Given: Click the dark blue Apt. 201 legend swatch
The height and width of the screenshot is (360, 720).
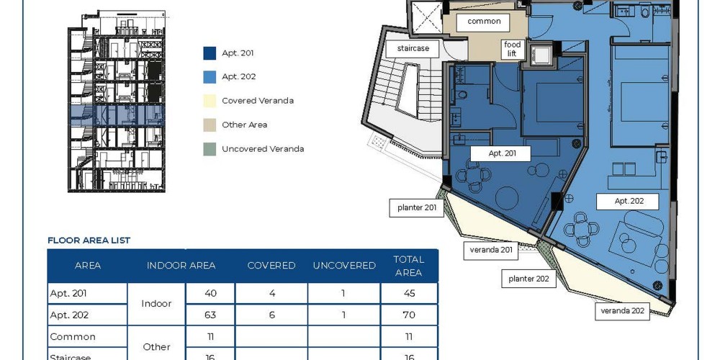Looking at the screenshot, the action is [210, 53].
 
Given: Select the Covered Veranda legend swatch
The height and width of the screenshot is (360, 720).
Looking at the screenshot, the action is [210, 101].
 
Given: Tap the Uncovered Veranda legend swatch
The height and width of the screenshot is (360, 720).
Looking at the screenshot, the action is [210, 149].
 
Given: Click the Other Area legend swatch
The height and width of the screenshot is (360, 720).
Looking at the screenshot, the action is [210, 125].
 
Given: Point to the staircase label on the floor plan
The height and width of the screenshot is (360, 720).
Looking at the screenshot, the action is [413, 49].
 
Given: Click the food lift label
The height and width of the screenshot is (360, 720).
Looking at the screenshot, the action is [512, 49].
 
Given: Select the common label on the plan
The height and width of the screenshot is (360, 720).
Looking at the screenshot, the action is [484, 22].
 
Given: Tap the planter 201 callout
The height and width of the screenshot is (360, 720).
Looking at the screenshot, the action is [416, 207].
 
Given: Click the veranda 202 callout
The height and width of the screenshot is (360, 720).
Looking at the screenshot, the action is [622, 311].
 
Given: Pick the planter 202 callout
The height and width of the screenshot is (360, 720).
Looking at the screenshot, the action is [528, 279].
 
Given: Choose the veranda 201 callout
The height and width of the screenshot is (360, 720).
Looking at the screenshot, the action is [491, 251].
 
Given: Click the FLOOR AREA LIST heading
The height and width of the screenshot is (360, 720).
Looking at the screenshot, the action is [89, 240].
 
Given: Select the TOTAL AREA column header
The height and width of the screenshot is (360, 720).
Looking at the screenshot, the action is [409, 266].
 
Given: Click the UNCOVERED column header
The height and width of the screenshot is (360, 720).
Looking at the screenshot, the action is [344, 266].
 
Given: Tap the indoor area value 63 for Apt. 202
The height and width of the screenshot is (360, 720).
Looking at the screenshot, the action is [210, 315].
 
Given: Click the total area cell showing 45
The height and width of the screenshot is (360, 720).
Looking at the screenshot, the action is [409, 293].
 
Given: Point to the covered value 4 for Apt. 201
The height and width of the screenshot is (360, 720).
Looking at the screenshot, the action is [272, 293].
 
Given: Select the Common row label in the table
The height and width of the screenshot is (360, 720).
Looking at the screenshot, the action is [73, 336].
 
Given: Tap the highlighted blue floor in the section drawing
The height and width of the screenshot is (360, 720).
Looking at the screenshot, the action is [117, 115].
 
